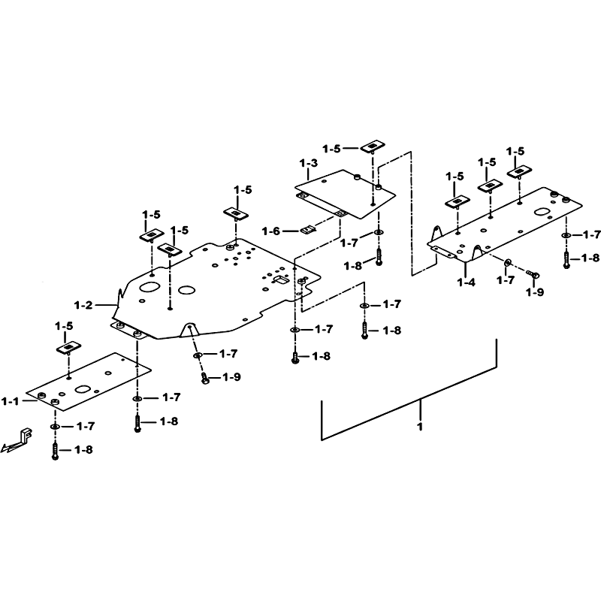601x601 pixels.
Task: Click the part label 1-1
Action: [10, 402]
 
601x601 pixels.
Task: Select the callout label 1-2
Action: [83, 306]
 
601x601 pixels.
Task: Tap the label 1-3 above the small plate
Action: [309, 163]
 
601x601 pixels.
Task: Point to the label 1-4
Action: [466, 282]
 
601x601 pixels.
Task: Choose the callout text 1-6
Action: [271, 231]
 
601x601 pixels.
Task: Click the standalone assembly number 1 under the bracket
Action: [420, 426]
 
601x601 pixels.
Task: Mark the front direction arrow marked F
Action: [18, 440]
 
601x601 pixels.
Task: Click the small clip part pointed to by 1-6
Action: [308, 230]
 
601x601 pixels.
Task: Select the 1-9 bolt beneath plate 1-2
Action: [205, 379]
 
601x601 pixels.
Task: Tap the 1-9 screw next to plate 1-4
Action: [533, 273]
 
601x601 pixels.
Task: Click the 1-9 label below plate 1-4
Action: [535, 292]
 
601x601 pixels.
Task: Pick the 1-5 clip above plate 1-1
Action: [69, 348]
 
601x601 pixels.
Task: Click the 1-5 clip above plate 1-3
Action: [371, 146]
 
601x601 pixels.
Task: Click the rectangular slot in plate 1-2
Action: [281, 280]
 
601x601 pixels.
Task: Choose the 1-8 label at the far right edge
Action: [590, 258]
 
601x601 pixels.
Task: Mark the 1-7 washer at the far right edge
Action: [566, 235]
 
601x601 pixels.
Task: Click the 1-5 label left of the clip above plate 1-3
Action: [331, 149]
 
